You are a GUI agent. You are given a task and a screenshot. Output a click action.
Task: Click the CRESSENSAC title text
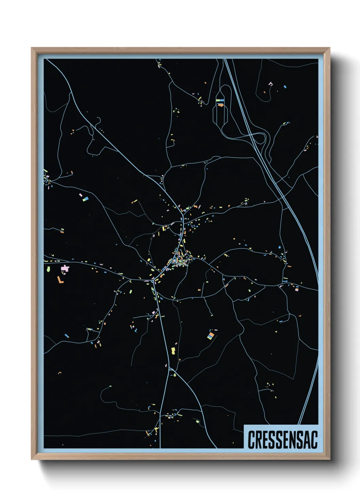coord(282,440)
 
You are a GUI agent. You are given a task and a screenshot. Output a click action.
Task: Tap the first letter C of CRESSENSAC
coord(251,440)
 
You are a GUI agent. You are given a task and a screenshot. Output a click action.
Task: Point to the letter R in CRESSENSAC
coord(258,440)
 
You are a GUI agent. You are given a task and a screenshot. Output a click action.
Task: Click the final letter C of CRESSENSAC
coord(314,440)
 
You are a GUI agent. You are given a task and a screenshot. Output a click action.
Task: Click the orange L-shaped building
coord(60,280)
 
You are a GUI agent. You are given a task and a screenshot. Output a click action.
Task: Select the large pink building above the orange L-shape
coord(65,269)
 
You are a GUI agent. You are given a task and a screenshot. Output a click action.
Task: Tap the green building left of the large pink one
coord(48,269)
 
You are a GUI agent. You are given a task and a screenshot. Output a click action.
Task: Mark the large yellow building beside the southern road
coord(173,350)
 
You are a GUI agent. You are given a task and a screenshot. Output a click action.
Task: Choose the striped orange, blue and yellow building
coord(211,336)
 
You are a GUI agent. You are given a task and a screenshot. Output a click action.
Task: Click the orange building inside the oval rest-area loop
coord(220,105)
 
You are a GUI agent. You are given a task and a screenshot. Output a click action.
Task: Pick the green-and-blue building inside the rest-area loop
coord(220,100)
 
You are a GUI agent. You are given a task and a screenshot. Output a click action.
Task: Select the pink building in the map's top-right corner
coord(271,83)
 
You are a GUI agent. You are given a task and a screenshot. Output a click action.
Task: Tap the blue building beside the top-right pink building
coord(285,87)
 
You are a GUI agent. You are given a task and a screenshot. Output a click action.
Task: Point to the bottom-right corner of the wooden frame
coord(329,459)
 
